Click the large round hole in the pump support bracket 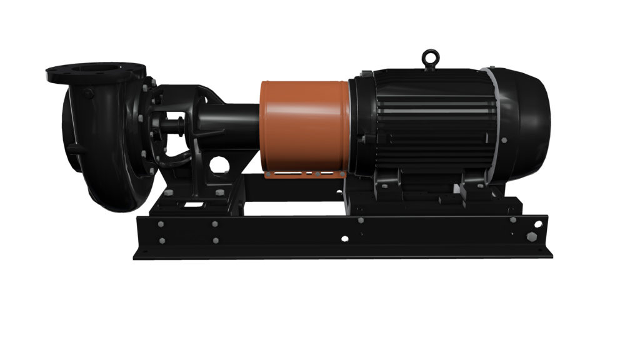(x=219, y=164)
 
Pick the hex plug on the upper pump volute (x=89, y=93)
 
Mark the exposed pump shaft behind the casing (x=169, y=122)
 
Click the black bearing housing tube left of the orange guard (x=231, y=125)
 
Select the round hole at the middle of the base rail (x=344, y=238)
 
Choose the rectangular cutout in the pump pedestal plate (x=197, y=204)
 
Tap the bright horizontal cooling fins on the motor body (x=431, y=113)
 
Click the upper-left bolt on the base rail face (x=161, y=224)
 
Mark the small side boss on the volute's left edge (x=71, y=149)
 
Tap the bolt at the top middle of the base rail (x=360, y=220)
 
